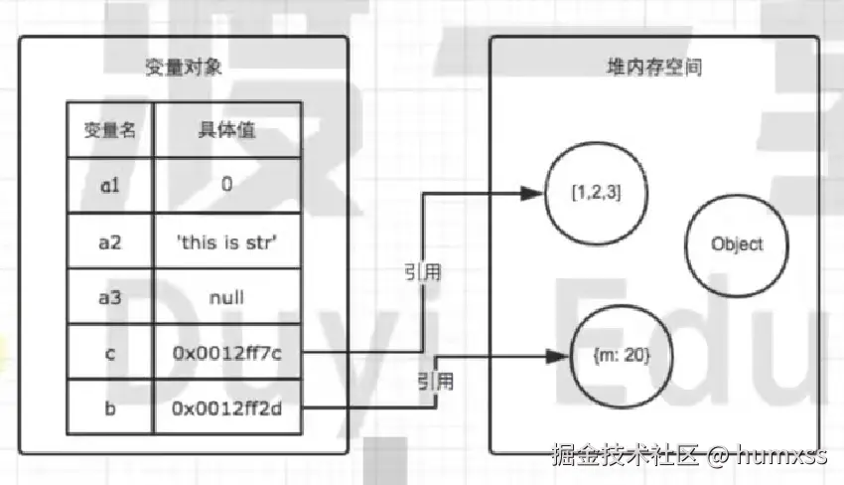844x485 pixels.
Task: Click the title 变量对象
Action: click(x=184, y=70)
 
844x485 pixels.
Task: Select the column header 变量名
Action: click(x=109, y=130)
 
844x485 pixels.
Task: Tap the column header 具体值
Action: click(x=226, y=130)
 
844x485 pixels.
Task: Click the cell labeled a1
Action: click(x=109, y=184)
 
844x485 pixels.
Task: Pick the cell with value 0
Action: click(x=226, y=184)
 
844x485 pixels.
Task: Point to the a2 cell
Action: click(x=109, y=240)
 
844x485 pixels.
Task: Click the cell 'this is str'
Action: click(x=226, y=240)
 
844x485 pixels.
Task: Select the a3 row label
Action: click(x=109, y=296)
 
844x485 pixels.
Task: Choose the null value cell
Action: click(x=226, y=296)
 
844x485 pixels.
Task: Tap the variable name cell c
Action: click(x=109, y=351)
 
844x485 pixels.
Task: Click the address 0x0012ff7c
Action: click(x=226, y=351)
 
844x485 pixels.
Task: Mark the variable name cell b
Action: click(x=109, y=406)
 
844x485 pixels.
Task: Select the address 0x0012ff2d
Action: click(x=226, y=406)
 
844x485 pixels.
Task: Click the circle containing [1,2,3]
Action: click(x=596, y=194)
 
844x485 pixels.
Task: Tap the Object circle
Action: click(x=737, y=243)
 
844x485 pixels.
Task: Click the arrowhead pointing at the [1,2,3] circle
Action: click(x=534, y=194)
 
